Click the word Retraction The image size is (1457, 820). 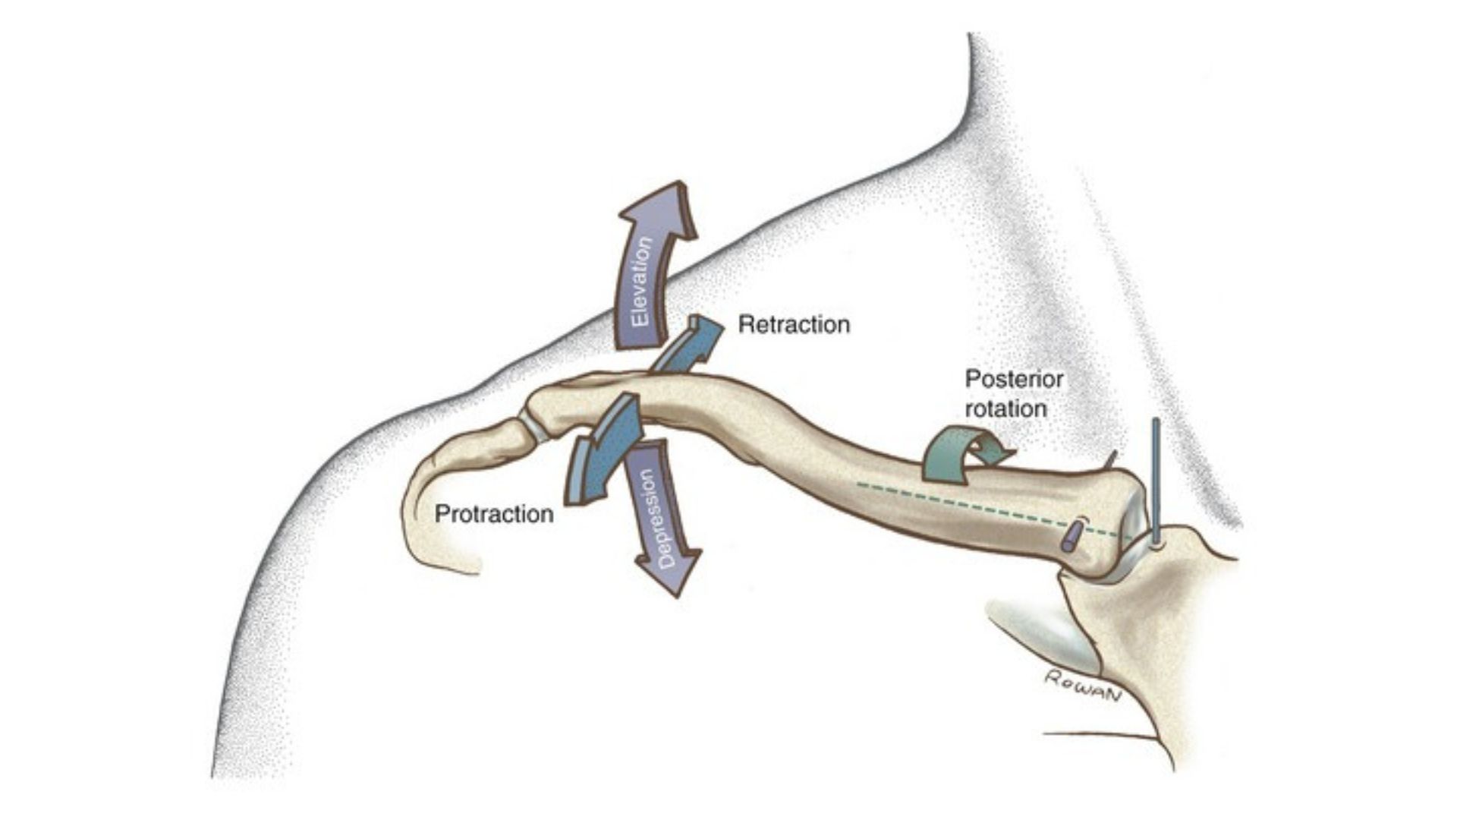(794, 325)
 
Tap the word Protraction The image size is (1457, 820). (494, 514)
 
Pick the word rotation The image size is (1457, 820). (1005, 408)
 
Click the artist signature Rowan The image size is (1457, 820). (1081, 686)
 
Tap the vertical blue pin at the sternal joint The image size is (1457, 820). (1156, 478)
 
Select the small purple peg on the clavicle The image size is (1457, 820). (1071, 537)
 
